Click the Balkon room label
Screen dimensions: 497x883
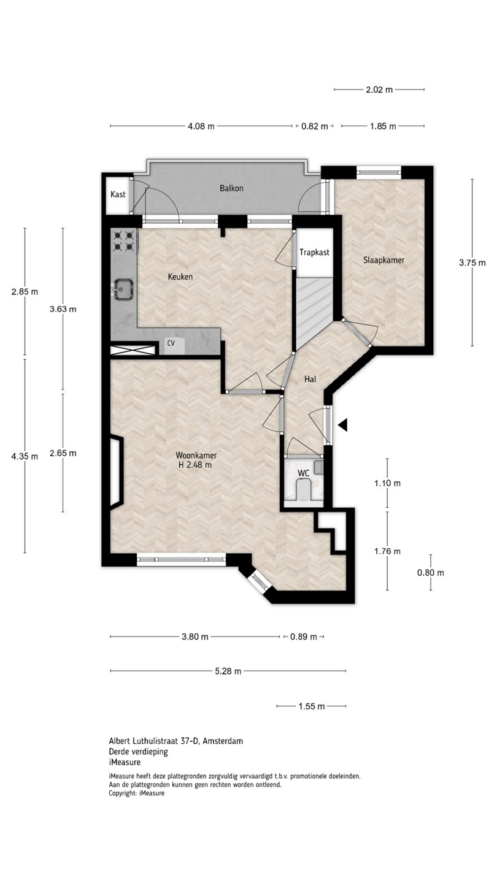coord(231,188)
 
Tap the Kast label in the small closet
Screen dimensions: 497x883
coord(118,194)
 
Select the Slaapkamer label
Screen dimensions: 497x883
coord(384,260)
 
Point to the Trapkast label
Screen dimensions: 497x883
coord(314,252)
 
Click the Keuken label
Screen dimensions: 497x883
coord(180,277)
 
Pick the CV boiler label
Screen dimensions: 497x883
coord(171,343)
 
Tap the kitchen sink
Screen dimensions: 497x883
coord(123,289)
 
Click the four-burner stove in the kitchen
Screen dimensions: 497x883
coord(124,241)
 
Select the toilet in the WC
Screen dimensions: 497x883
coord(303,491)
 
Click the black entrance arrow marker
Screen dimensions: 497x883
coord(343,425)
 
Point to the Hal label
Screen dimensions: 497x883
coord(310,379)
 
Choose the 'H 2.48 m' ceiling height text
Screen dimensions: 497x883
coord(195,465)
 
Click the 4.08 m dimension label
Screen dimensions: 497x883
coord(201,126)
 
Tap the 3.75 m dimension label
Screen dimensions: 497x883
coord(472,263)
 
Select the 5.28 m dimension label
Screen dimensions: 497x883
coord(228,671)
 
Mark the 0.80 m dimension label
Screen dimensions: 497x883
coord(431,573)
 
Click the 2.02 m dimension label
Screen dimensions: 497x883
coord(379,90)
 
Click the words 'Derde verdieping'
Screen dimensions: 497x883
coord(139,752)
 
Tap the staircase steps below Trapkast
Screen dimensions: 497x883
coord(314,312)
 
